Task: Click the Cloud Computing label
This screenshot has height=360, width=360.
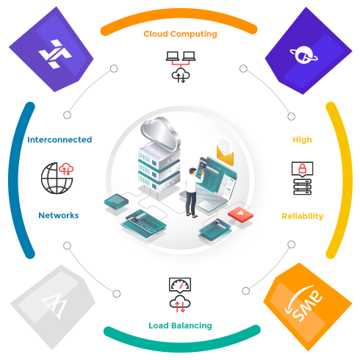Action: point(180,34)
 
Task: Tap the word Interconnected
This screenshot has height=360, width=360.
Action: point(60,140)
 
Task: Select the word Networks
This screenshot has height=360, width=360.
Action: point(59,215)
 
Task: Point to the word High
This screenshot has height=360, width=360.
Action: point(302,140)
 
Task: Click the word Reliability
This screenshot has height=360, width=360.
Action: point(303,216)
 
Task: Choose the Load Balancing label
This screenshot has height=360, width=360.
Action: point(180,325)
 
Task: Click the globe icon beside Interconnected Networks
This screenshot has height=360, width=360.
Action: point(56,179)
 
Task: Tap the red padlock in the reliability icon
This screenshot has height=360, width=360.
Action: point(303,168)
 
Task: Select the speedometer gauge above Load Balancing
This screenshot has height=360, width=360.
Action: point(180,285)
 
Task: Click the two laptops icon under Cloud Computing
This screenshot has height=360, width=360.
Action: point(181,57)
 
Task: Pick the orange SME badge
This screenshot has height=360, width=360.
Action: point(308,306)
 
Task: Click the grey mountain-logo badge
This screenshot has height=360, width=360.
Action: point(53,307)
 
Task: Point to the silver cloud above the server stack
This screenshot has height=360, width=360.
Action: point(160,134)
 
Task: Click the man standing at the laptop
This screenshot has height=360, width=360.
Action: point(193,192)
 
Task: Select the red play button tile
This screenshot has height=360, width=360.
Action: point(240,215)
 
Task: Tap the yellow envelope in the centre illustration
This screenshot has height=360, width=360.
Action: point(225,155)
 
